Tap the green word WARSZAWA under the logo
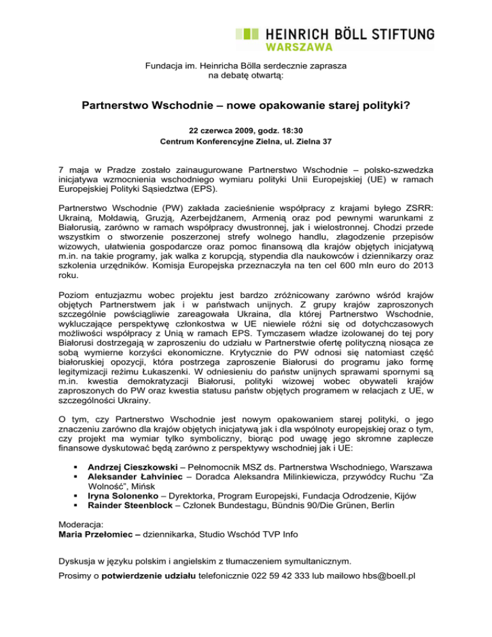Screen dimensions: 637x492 [x=290, y=47]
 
